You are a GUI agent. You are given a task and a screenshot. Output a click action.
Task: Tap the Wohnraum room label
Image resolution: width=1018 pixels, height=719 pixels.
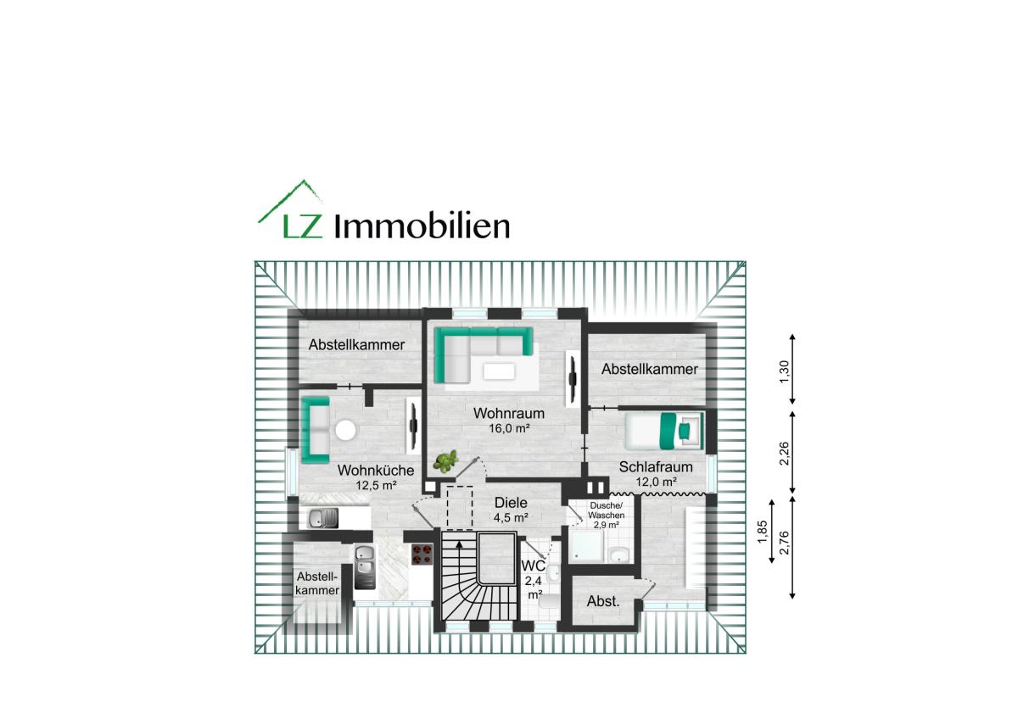click(x=508, y=413)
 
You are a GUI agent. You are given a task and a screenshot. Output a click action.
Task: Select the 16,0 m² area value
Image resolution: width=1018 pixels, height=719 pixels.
click(x=509, y=428)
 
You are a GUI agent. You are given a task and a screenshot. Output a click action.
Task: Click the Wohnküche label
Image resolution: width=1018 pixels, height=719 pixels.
click(x=375, y=470)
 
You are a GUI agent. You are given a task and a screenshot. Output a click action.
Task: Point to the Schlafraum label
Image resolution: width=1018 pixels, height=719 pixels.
click(x=655, y=467)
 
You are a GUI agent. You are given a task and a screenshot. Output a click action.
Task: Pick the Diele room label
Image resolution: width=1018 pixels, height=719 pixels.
click(x=511, y=503)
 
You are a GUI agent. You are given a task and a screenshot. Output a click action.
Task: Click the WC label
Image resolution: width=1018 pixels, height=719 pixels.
click(x=533, y=566)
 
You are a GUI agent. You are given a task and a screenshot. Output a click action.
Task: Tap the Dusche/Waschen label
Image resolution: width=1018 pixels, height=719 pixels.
click(x=606, y=510)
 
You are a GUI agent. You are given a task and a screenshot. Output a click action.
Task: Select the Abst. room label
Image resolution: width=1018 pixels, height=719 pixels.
click(x=603, y=601)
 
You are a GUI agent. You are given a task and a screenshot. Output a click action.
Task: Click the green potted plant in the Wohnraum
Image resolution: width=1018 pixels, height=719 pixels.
click(x=445, y=461)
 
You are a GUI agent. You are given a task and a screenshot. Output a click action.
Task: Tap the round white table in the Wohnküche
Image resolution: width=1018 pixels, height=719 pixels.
click(x=345, y=430)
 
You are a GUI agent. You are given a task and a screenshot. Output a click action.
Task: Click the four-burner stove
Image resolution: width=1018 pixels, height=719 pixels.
click(x=422, y=555)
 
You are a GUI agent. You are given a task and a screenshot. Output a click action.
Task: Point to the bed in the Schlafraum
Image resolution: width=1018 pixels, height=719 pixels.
click(x=664, y=431)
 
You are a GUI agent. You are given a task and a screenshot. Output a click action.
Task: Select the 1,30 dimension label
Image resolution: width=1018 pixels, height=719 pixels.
click(x=785, y=372)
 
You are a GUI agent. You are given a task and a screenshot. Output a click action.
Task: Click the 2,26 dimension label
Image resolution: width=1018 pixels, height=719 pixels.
click(x=785, y=454)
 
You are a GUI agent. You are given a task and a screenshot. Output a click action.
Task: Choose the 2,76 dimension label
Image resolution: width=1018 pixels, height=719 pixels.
click(x=785, y=543)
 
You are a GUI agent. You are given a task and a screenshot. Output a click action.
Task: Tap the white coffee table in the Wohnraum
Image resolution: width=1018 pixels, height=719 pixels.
click(x=499, y=371)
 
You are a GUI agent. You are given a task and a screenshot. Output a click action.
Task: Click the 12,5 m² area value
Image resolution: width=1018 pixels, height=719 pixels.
click(x=376, y=485)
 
